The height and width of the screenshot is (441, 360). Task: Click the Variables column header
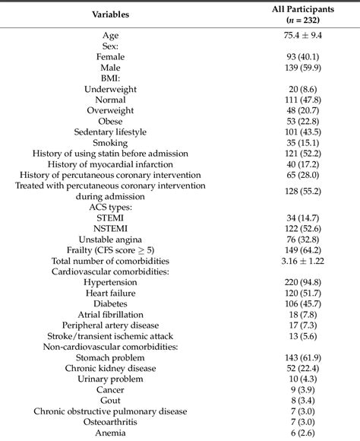point(110,14)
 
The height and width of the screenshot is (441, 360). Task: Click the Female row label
point(110,56)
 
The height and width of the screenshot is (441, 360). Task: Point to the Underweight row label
point(110,89)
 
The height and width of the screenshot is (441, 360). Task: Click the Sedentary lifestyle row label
point(110,132)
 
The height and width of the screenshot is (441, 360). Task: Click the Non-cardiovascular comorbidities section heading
point(110,346)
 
